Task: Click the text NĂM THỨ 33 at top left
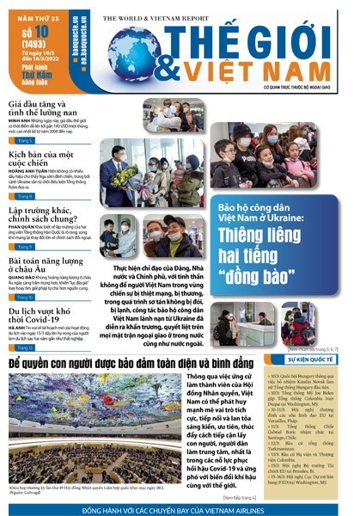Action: pyautogui.click(x=34, y=9)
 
